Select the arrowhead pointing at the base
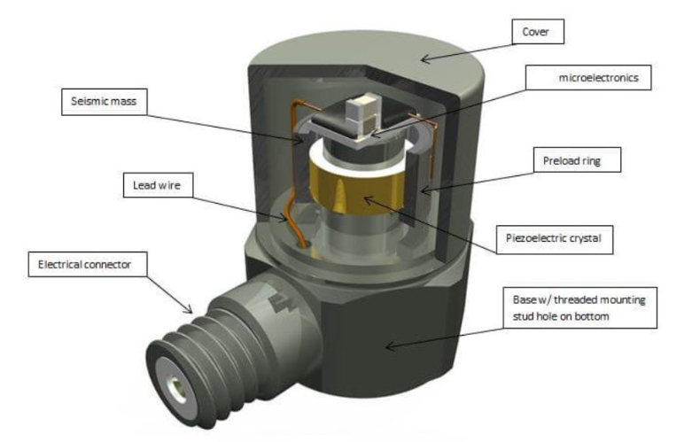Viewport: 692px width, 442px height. click(x=388, y=346)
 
